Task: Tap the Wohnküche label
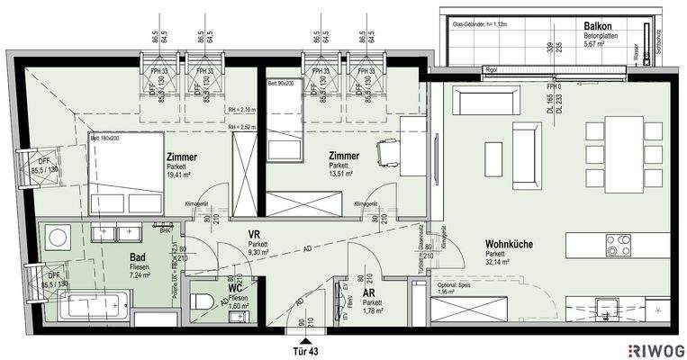tap(507, 244)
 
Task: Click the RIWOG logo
tap(655, 349)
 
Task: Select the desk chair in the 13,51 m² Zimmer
tap(387, 154)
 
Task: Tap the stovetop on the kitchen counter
tap(618, 244)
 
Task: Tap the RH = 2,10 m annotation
tap(240, 111)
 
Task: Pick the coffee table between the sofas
tap(493, 159)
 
